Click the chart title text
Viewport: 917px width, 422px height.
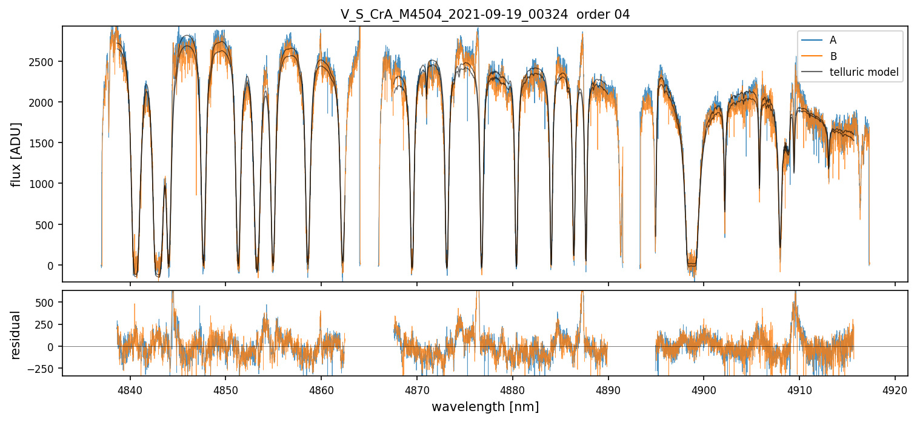click(x=485, y=15)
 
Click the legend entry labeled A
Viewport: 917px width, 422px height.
click(x=833, y=40)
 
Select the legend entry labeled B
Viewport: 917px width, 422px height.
click(x=833, y=57)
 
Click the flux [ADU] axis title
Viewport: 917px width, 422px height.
click(x=16, y=154)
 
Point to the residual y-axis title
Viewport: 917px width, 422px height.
click(x=16, y=334)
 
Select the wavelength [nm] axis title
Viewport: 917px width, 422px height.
click(x=485, y=407)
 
